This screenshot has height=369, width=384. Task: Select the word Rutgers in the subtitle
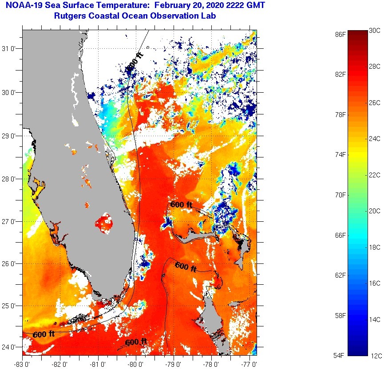point(71,16)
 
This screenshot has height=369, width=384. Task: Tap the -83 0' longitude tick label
point(22,364)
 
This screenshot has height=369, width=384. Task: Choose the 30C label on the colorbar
point(375,31)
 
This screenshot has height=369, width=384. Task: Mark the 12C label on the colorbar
point(375,355)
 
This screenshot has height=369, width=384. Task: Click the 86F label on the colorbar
point(340,34)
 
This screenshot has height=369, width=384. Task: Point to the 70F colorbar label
point(340,195)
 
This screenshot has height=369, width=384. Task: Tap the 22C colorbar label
point(375,175)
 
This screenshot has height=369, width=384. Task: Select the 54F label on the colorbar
point(340,356)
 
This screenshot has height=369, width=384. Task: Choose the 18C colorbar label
point(375,247)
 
